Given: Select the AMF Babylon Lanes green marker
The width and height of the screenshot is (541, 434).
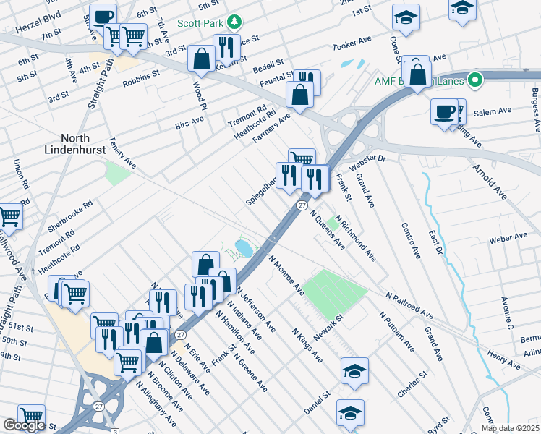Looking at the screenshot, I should click(474, 80).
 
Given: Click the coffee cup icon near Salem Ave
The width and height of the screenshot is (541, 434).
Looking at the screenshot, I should click(443, 112).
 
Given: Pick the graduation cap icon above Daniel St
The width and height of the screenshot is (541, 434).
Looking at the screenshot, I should click(354, 371).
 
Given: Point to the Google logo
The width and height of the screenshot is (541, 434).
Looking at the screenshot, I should click(24, 425).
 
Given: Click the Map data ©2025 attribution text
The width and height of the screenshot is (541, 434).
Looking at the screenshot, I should click(510, 428).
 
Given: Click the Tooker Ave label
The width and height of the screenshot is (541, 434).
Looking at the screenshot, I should click(352, 46).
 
